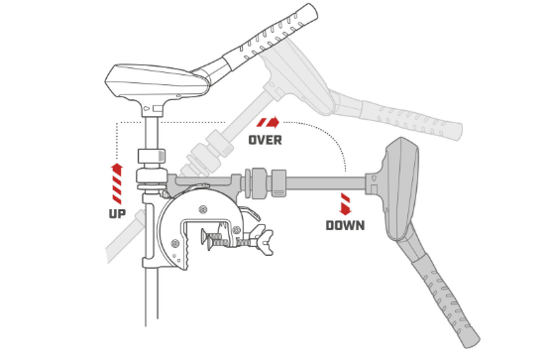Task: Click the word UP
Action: (x=117, y=213)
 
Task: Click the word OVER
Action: (x=265, y=140)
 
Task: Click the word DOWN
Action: (x=345, y=225)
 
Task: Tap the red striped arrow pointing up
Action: (x=117, y=183)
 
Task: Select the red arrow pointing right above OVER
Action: (x=268, y=122)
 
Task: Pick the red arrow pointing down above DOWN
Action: (x=346, y=204)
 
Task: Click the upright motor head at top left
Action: (x=157, y=82)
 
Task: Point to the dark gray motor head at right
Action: (x=401, y=188)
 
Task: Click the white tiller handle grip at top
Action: (x=271, y=35)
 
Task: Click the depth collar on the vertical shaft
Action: (x=152, y=156)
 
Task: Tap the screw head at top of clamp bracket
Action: (x=203, y=209)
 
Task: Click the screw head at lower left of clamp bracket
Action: (x=174, y=243)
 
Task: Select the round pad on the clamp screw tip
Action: (x=204, y=236)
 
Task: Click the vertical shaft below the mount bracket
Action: (x=152, y=297)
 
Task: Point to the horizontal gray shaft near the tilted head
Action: (x=325, y=183)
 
